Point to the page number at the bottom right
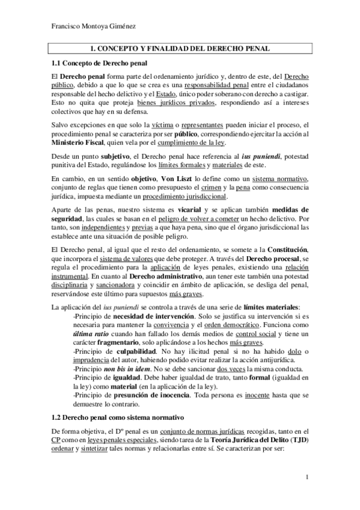pyautogui.click(x=307, y=478)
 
